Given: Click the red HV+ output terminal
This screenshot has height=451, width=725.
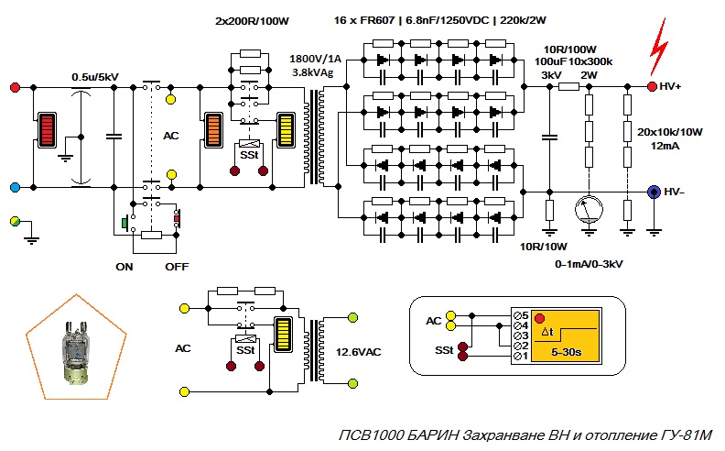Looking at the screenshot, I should click(653, 87).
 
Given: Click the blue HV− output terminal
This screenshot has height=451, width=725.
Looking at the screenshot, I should click(654, 192).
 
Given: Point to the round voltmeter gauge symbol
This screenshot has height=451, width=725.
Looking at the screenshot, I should click(588, 211).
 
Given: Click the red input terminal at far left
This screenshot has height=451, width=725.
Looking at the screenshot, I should click(15, 87).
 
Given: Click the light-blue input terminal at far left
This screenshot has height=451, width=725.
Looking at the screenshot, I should click(15, 187).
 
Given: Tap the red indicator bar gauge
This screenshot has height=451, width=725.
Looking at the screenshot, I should click(46, 131).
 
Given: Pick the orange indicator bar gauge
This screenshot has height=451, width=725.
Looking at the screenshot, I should click(213, 131).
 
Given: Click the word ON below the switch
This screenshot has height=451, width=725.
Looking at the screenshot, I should click(124, 267).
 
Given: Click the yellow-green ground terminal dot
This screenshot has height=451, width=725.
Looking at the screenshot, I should click(15, 222).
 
